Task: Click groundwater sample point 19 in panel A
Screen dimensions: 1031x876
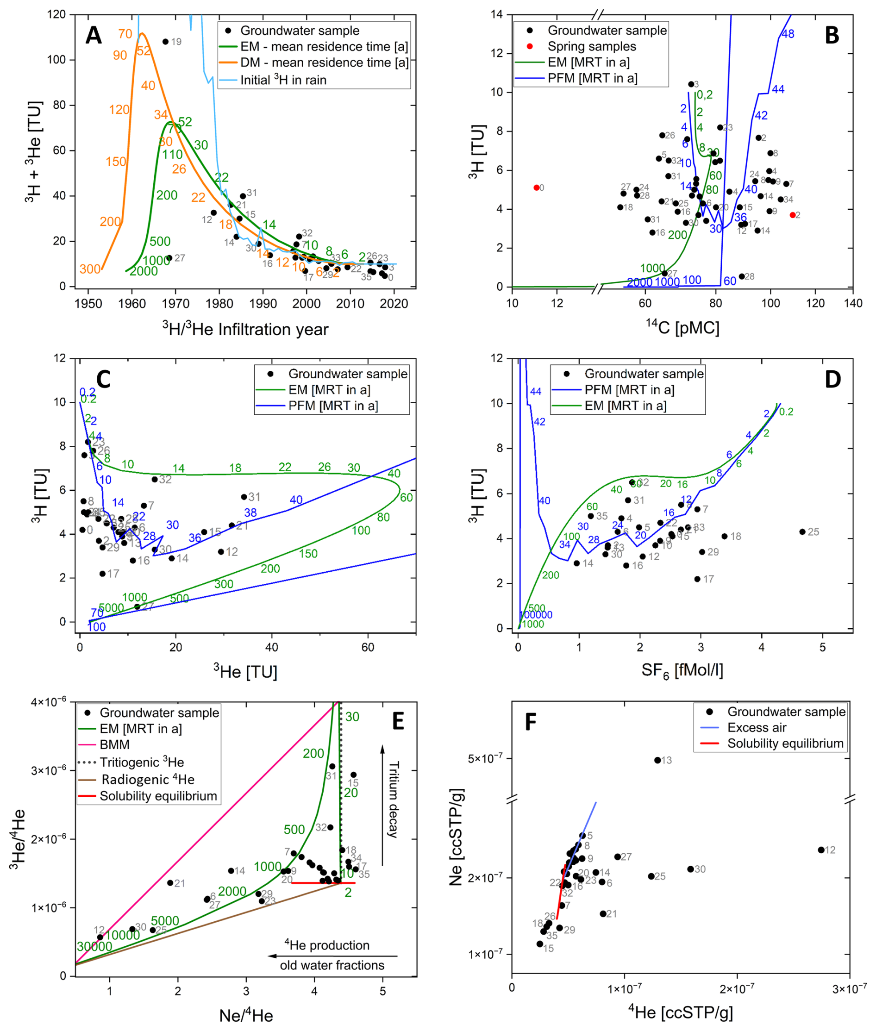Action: click(x=165, y=41)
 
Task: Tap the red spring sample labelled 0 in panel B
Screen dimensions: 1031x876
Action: click(x=536, y=187)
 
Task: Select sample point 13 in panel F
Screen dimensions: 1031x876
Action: click(x=657, y=760)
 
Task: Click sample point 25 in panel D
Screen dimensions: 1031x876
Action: click(x=802, y=532)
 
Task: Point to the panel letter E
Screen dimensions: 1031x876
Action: click(x=398, y=722)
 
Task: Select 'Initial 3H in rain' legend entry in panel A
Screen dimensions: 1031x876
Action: click(x=283, y=80)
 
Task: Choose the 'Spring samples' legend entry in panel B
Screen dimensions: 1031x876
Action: click(x=591, y=46)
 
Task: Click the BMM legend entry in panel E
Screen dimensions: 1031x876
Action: click(x=114, y=744)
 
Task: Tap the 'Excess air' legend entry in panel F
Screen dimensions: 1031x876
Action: click(x=757, y=728)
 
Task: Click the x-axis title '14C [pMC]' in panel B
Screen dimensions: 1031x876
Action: click(x=682, y=327)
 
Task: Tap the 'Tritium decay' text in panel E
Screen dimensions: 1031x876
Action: click(x=393, y=800)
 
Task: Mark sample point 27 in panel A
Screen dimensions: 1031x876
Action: click(x=169, y=258)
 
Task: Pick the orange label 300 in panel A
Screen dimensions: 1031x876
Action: click(x=90, y=269)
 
